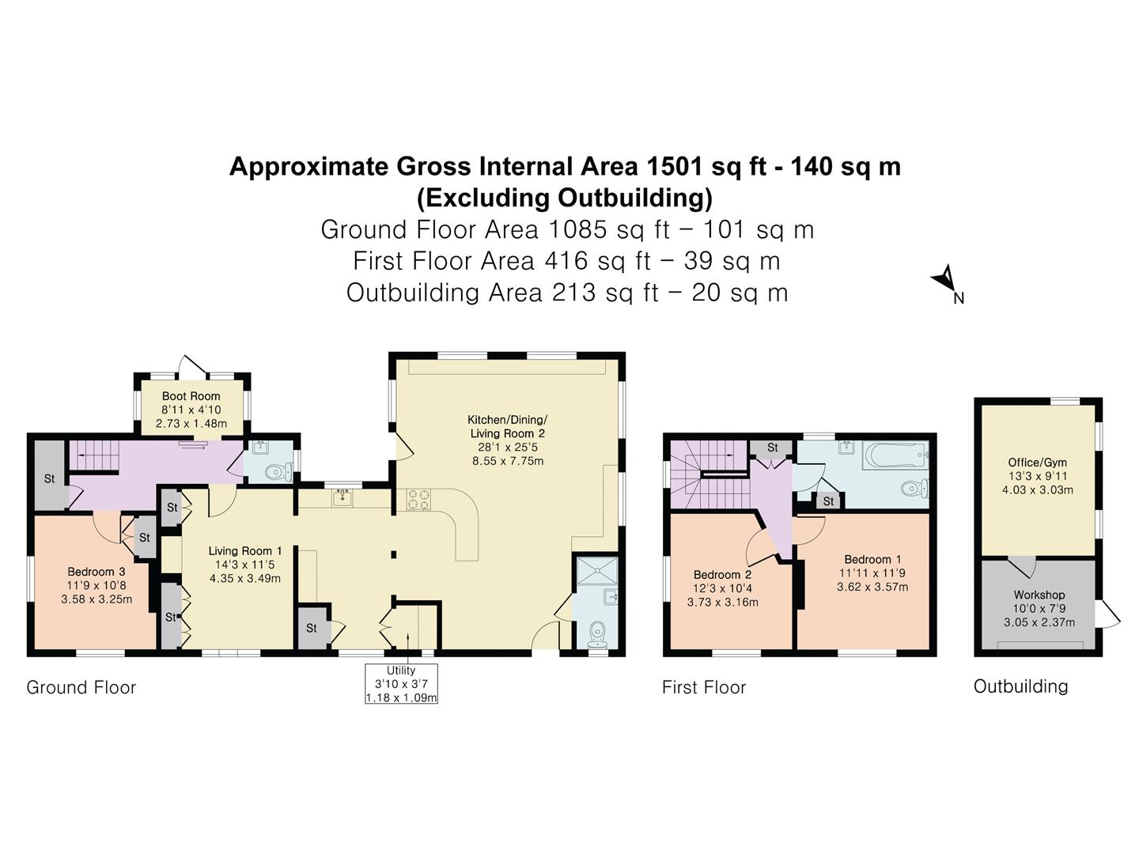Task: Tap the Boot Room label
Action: pos(191,396)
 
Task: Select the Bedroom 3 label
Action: pos(96,572)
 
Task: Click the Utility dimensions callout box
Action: pos(401,683)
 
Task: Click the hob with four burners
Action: pos(418,500)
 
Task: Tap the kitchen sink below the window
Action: pos(342,497)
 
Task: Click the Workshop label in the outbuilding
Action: pos(1039,595)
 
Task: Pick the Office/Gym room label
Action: pos(1037,463)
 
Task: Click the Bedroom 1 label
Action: pos(872,560)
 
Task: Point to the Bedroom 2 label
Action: pos(722,575)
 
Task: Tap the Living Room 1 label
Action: pos(245,550)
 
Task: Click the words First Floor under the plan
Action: pos(704,688)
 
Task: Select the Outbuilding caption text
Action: pos(1020,686)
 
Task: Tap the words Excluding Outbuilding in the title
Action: pos(565,198)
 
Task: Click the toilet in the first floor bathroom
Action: pos(915,488)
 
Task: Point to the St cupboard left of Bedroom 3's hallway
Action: pos(49,478)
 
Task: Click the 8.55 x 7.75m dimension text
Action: pos(508,461)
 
